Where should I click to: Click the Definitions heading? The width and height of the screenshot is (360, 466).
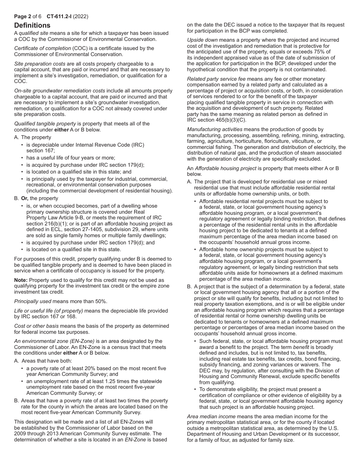pos(32,25)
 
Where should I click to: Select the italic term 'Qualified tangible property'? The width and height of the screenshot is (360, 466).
pos(45,124)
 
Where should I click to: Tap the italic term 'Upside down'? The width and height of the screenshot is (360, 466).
pos(201,40)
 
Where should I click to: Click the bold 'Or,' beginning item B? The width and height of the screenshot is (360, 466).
pos(25,198)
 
